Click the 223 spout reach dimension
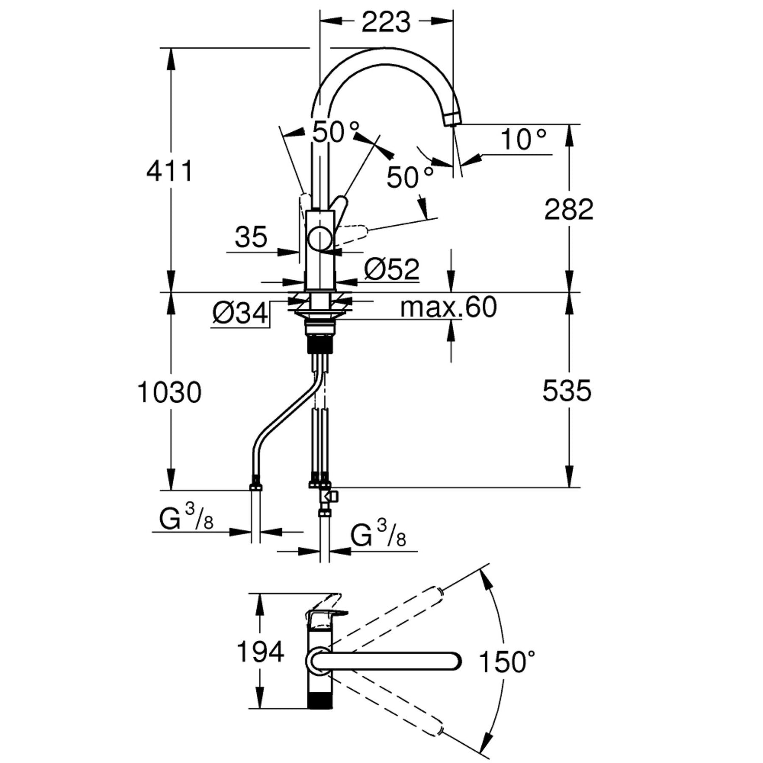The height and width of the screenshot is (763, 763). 386,22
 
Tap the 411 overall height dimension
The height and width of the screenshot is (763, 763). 170,171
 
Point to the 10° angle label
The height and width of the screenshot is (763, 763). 523,139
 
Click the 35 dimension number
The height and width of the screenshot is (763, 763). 251,237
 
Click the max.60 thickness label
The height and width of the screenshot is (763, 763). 448,307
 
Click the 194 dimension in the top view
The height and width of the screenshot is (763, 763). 260,652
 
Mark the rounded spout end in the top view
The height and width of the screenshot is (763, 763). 454,661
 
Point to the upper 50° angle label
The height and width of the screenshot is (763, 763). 335,132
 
